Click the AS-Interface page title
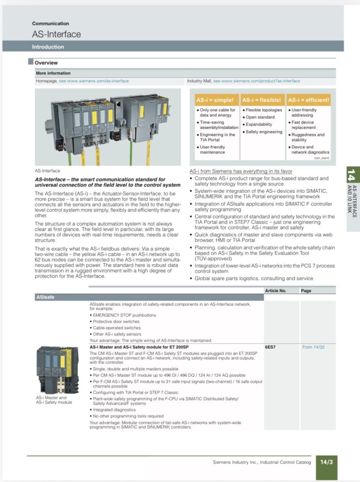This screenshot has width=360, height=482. pos(56,34)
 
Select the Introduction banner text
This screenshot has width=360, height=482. pos(48,47)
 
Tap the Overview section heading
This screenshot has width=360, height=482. pos(46,63)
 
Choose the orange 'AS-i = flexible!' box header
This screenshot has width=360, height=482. pos(262,100)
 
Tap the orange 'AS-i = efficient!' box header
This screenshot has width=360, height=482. pos(308,100)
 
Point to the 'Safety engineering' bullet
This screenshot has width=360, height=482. pos(264,132)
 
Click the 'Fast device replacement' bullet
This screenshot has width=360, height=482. pos(302,125)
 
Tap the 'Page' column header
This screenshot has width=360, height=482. pos(306,291)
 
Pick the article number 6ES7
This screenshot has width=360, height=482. pos(271,347)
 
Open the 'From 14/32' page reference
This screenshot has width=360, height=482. pos(313,347)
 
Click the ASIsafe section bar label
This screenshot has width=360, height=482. pos(45,297)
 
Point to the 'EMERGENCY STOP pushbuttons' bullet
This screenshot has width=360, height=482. pos(117,315)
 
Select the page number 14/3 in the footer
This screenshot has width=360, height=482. pos(327,462)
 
